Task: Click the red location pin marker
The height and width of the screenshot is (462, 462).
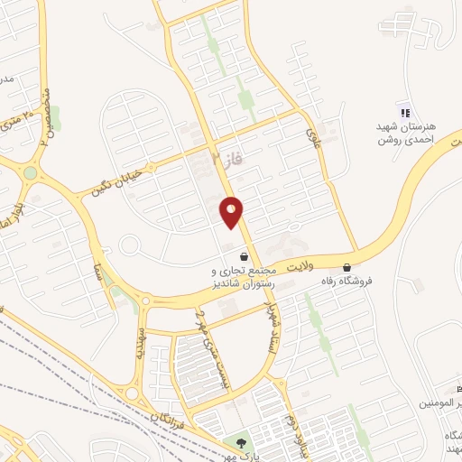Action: tap(232, 212)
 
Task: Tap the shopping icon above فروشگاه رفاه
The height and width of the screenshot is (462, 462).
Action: tap(347, 267)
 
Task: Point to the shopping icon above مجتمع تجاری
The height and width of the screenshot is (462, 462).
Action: tap(243, 256)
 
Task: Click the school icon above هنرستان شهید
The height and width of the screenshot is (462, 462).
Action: tap(405, 112)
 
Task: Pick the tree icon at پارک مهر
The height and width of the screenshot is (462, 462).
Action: tap(241, 442)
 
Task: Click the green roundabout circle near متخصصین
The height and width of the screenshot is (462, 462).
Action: tap(31, 172)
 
